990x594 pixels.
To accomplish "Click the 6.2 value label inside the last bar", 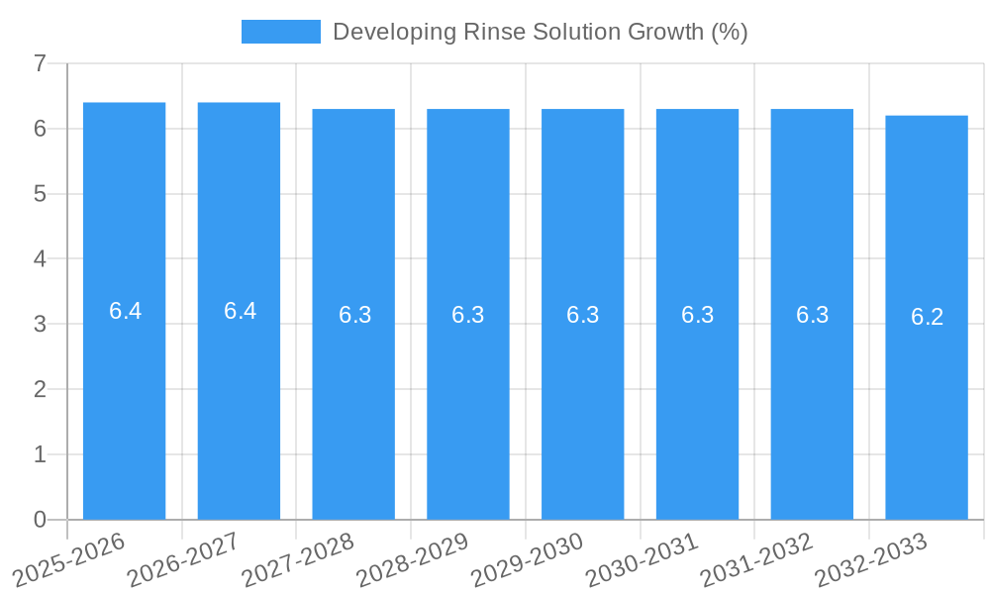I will [927, 317].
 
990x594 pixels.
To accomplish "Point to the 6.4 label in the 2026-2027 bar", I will [240, 311].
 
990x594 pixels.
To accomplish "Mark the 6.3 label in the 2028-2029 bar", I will [467, 315].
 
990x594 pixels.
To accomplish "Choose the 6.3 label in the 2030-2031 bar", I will [697, 315].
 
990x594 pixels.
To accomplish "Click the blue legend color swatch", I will [281, 32].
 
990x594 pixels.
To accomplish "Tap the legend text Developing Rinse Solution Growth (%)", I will [540, 32].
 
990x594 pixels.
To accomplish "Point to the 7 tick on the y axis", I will [40, 63].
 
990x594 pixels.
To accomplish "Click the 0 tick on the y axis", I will [40, 520].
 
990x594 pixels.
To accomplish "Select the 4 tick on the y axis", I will [40, 259].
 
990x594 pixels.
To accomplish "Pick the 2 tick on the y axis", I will [40, 389].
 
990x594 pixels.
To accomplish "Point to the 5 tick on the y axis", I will [40, 194].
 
